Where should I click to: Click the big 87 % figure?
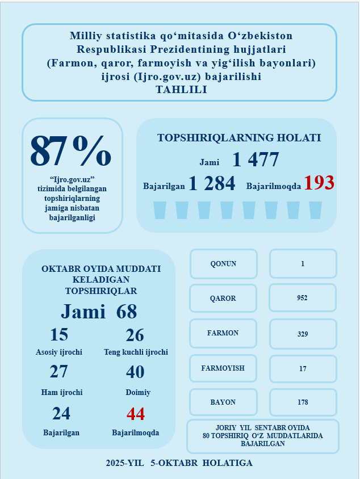pyautogui.click(x=70, y=152)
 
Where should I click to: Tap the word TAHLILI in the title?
pyautogui.click(x=181, y=89)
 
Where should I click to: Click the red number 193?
pyautogui.click(x=319, y=183)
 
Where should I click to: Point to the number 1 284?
pyautogui.click(x=212, y=183)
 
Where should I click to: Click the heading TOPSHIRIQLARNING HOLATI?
pyautogui.click(x=238, y=138)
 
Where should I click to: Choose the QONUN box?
pyautogui.click(x=223, y=264)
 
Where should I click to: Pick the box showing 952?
pyautogui.click(x=302, y=298)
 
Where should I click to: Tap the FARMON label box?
pyautogui.click(x=223, y=333)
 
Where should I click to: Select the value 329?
pyautogui.click(x=302, y=334)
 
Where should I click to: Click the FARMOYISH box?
pyautogui.click(x=223, y=368)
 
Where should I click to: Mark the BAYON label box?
pyautogui.click(x=223, y=402)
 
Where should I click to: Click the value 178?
pyautogui.click(x=302, y=402)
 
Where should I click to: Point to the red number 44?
pyautogui.click(x=136, y=414)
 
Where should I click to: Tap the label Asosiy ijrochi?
pyautogui.click(x=59, y=352)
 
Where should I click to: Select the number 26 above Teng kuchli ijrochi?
pyautogui.click(x=135, y=335)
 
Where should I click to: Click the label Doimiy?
pyautogui.click(x=137, y=393)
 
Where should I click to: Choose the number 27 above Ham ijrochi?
pyautogui.click(x=59, y=372)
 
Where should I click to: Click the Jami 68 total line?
pyautogui.click(x=99, y=312)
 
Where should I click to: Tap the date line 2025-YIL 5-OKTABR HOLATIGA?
pyautogui.click(x=179, y=463)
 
